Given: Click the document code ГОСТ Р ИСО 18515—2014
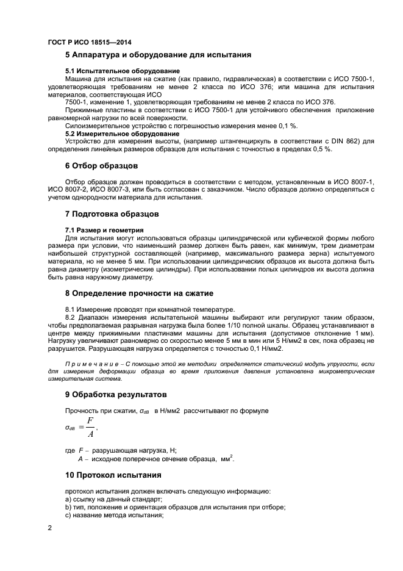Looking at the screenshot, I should point(89,42).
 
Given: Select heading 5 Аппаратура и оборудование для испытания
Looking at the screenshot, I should point(158,55).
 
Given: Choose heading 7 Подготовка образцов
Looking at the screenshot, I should point(112,214).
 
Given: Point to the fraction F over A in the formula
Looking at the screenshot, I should point(90,428).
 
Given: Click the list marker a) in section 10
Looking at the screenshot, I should point(68,500).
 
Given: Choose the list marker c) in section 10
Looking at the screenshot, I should point(68,516).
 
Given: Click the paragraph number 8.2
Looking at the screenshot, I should point(71,318).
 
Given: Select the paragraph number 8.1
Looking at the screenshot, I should point(71,309).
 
